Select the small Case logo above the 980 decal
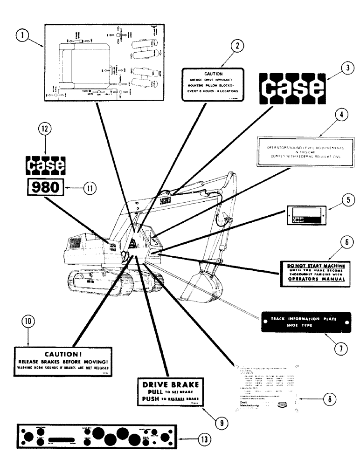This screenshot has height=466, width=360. pos(45,164)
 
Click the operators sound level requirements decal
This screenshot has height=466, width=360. pos(303,151)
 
